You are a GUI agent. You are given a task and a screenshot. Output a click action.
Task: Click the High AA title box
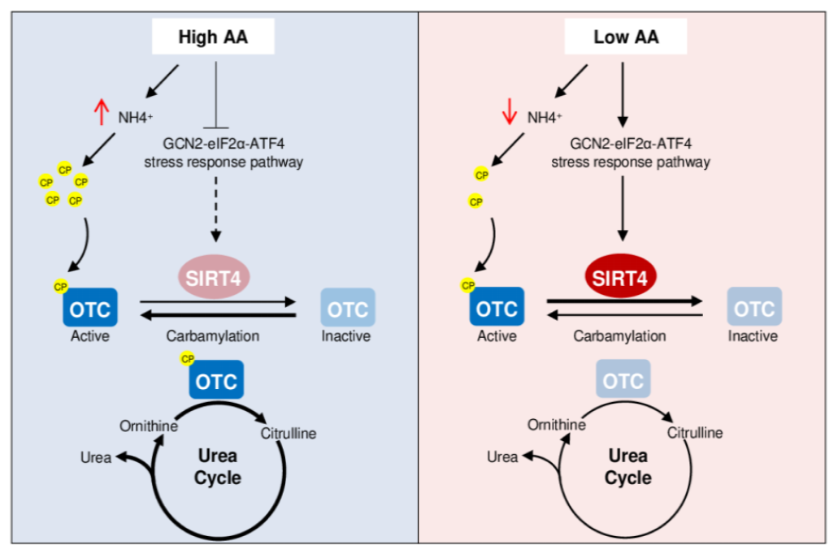[x=213, y=37]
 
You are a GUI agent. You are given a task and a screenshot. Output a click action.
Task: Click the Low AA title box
[x=625, y=37]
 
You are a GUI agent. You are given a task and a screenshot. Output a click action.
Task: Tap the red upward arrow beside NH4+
[x=101, y=111]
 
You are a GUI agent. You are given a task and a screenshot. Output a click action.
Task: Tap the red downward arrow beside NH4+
[x=510, y=111]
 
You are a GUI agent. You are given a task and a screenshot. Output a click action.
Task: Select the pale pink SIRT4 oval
[x=214, y=277]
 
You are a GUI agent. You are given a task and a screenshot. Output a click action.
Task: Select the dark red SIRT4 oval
[x=620, y=276]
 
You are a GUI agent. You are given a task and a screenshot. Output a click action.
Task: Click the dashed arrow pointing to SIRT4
[x=216, y=210]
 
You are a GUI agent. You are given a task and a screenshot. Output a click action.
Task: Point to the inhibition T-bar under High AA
[x=216, y=95]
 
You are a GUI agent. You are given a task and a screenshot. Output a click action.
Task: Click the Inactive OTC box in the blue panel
[x=348, y=307]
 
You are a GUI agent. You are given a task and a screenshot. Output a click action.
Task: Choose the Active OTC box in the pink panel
[x=497, y=306]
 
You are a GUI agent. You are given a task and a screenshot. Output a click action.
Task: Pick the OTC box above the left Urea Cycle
[x=216, y=379]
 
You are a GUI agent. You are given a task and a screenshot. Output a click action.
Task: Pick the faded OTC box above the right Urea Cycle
[x=623, y=378]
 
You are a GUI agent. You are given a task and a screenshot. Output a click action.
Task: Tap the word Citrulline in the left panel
[x=288, y=433]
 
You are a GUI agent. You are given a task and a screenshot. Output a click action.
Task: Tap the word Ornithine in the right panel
[x=556, y=425]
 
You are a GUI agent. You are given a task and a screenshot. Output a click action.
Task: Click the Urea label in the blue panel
[x=96, y=457]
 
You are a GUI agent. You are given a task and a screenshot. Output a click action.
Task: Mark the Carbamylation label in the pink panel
[x=619, y=336]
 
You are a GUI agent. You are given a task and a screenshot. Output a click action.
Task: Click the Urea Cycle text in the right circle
[x=628, y=466]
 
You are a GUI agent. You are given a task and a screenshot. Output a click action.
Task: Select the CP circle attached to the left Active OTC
[x=60, y=287]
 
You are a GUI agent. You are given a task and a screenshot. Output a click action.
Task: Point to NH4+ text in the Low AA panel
[x=545, y=117]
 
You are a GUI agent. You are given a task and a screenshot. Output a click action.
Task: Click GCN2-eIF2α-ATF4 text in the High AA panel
[x=224, y=144]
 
